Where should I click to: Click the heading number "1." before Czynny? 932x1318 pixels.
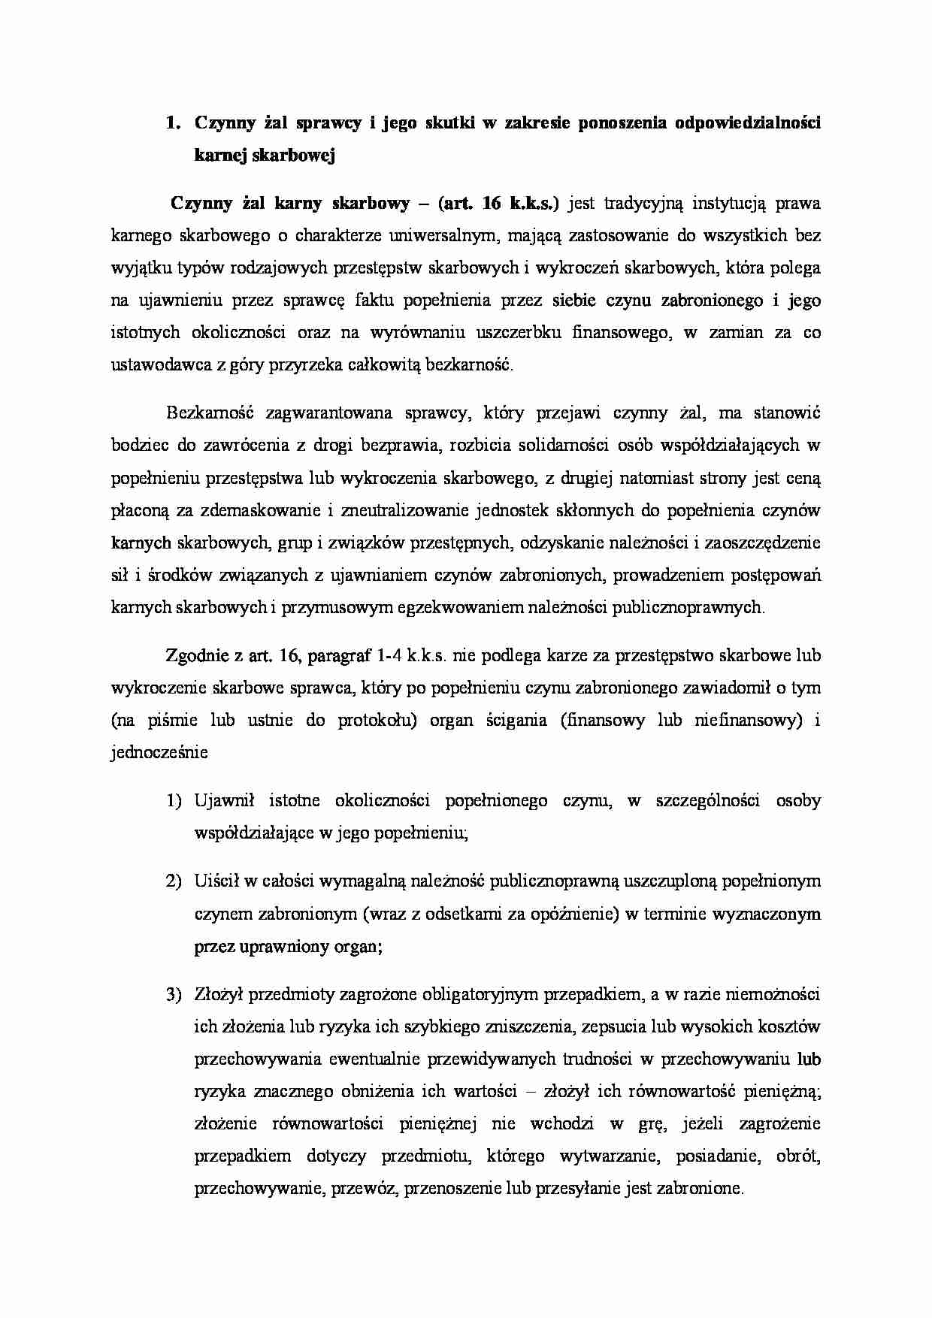pyautogui.click(x=174, y=123)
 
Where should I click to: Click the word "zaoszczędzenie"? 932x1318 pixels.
pyautogui.click(x=767, y=543)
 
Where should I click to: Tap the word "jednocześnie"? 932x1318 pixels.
pyautogui.click(x=159, y=752)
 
